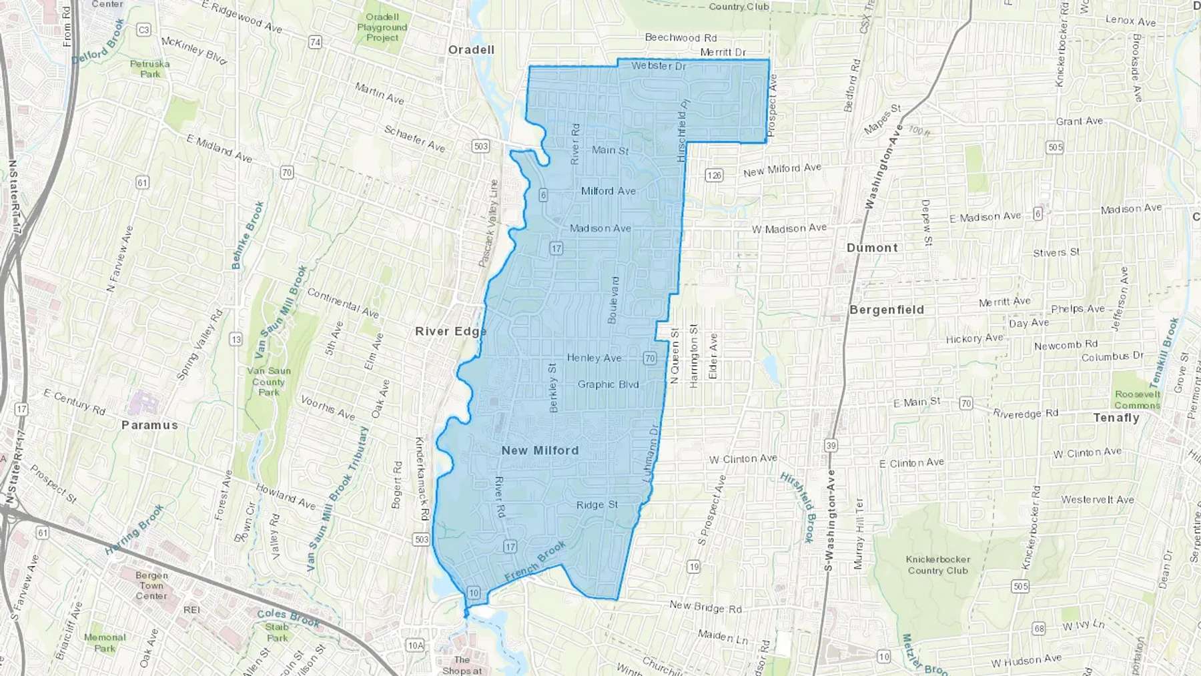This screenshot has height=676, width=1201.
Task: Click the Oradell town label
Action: pos(471,50)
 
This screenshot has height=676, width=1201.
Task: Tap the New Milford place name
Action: pos(540,450)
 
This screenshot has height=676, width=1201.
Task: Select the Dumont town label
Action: pos(872,248)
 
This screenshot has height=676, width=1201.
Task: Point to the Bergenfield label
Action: pos(887,310)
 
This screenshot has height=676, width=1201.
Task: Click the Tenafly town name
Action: pos(1116,418)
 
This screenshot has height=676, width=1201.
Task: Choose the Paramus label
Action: pos(149,425)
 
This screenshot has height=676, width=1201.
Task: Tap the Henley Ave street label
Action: pos(594,358)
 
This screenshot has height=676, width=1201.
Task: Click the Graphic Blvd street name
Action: pos(608,384)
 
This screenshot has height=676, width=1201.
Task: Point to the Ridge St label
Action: pos(597,505)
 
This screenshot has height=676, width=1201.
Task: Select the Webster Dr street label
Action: pos(659,65)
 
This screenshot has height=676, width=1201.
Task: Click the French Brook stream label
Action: pos(535,561)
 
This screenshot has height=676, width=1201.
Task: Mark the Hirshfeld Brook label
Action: pos(799,507)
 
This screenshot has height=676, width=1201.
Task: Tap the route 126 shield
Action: pos(714,176)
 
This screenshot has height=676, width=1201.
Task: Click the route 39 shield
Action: pos(831,445)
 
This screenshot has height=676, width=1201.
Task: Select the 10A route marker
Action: pos(415,645)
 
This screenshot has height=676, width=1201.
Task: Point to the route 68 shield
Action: pos(1039,628)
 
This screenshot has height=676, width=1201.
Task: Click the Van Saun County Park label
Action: pos(269,382)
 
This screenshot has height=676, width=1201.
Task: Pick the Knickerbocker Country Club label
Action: pos(937,565)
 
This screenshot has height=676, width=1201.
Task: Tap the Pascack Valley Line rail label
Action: pos(488,224)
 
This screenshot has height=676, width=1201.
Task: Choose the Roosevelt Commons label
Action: pos(1138,400)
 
